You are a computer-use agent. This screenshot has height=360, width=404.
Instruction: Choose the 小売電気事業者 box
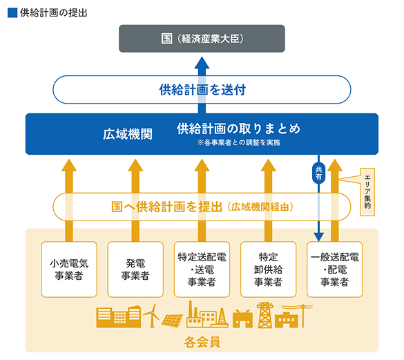[x=68, y=269]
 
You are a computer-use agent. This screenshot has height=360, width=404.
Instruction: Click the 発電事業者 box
[x=135, y=269]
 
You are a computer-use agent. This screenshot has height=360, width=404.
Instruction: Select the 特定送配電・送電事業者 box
[x=201, y=269]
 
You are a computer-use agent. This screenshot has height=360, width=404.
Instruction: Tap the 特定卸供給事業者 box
[x=267, y=269]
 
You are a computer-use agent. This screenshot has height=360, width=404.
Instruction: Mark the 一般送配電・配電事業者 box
[x=334, y=269]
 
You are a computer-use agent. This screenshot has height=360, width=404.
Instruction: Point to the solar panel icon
[x=173, y=319]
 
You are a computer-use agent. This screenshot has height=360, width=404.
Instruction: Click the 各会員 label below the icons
[x=202, y=341]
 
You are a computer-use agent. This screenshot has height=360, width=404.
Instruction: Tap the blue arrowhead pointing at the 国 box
[x=202, y=64]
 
